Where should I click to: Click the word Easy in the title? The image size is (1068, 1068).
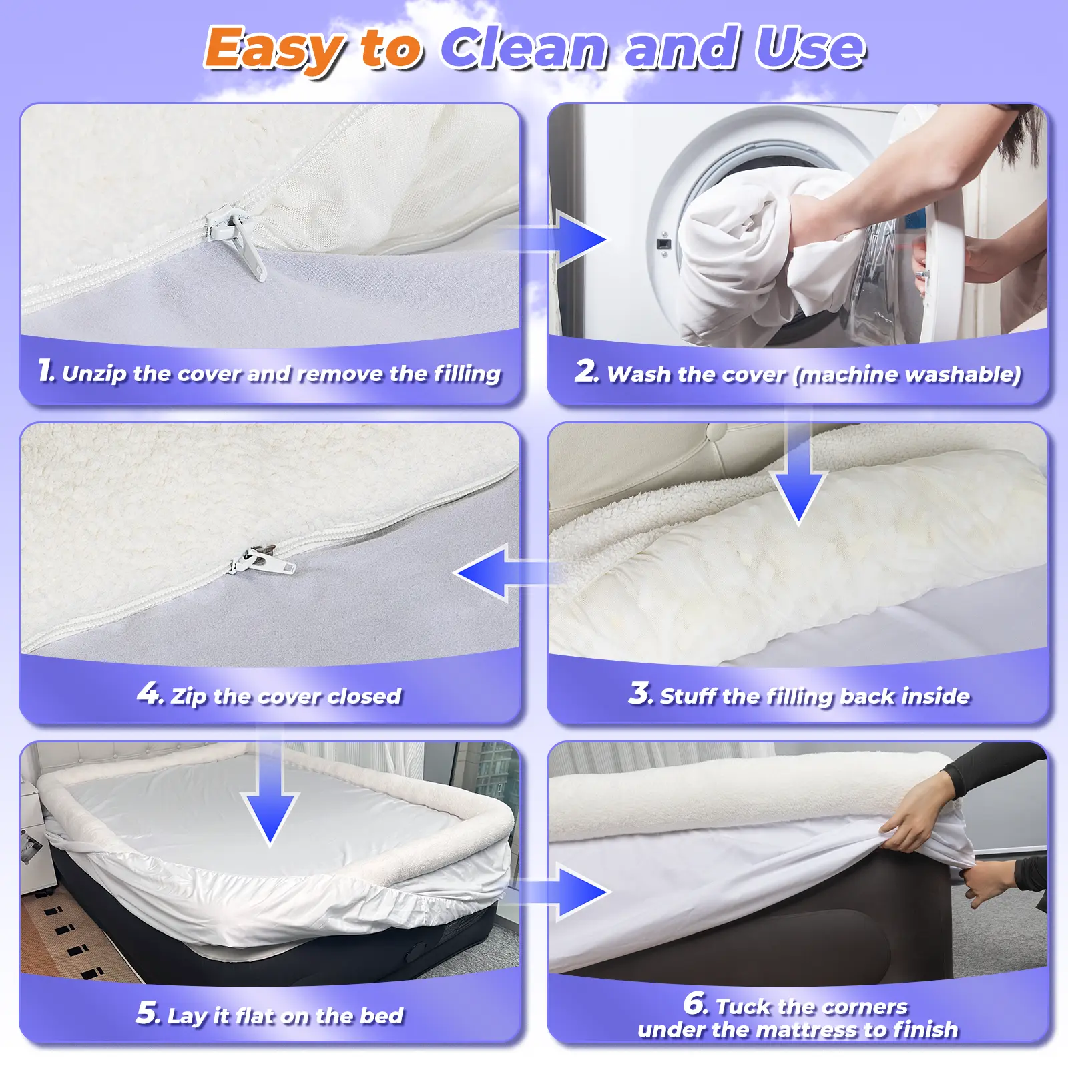coord(276,49)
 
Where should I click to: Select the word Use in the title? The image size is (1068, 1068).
coord(810,47)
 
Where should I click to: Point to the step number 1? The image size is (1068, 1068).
coord(45,370)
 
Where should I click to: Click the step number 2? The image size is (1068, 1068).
coord(586,371)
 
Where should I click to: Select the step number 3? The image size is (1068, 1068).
coord(640,693)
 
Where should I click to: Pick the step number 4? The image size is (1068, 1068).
coord(149,693)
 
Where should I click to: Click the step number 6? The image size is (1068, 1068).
coord(695,1003)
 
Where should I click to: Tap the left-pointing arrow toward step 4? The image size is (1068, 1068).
coord(507,573)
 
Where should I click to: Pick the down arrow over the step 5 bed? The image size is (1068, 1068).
coord(270,794)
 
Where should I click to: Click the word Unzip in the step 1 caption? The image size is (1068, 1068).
coord(94,374)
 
